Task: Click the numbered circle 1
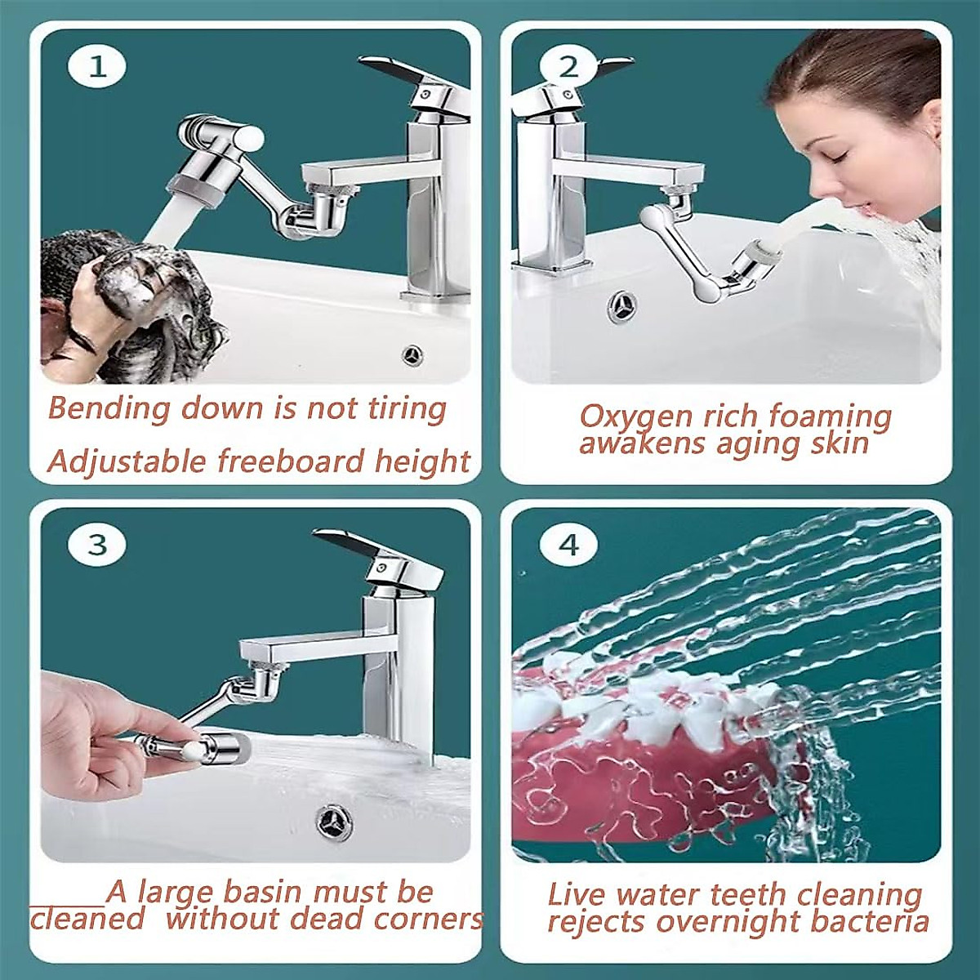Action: point(97,68)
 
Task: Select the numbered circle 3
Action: point(97,545)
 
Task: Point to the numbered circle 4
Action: point(570,545)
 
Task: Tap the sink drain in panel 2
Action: point(621,306)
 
